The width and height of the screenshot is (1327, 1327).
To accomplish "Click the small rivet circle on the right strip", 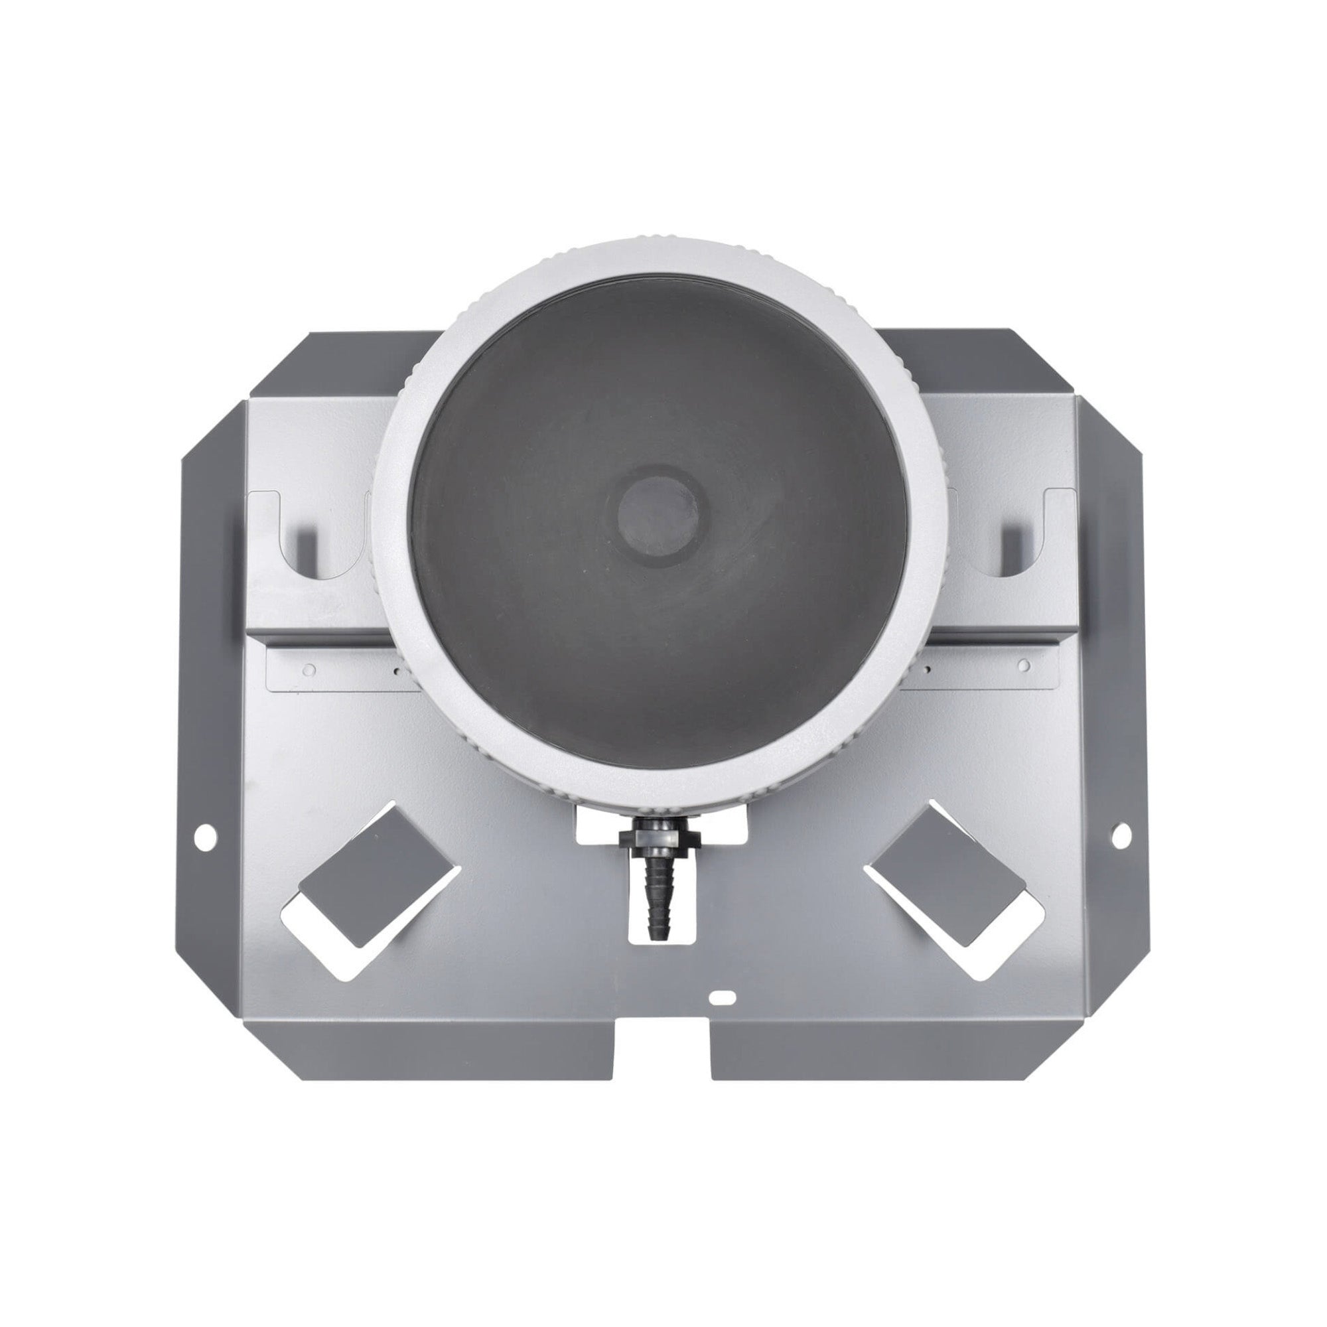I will click(1022, 665).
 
